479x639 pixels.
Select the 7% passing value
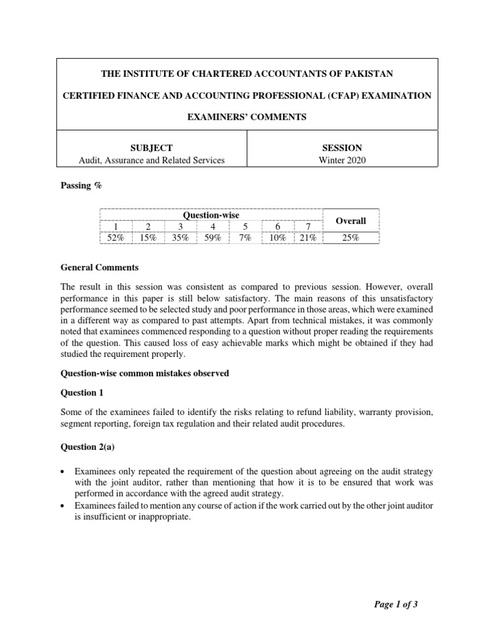click(244, 238)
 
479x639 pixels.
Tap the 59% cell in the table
click(212, 238)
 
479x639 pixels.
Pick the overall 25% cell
click(351, 238)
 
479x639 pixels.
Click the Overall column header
click(351, 221)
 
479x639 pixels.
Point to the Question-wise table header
click(211, 215)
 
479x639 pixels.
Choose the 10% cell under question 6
click(278, 238)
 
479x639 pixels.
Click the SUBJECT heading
click(151, 148)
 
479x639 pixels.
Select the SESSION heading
click(341, 148)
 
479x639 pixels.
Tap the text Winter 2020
click(341, 160)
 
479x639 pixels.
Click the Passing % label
click(81, 186)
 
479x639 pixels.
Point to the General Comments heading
click(100, 268)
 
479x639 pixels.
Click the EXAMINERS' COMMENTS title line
click(248, 117)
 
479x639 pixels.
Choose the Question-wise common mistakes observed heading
click(145, 373)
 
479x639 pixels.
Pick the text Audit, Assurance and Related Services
click(152, 160)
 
